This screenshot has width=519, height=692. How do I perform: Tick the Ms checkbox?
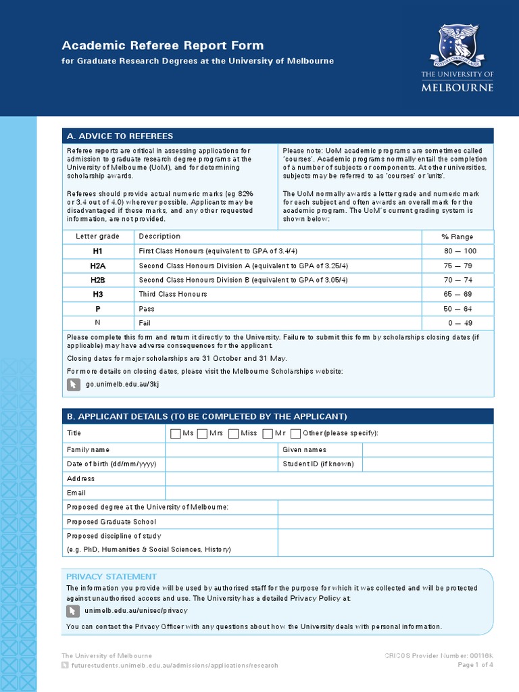pos(176,433)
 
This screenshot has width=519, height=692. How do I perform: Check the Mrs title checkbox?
pos(202,433)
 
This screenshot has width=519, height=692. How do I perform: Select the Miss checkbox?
pos(234,433)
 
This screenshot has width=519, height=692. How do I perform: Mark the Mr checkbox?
pos(268,433)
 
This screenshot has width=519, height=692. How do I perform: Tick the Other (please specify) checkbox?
pos(295,433)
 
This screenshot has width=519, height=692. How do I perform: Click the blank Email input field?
pos(329,493)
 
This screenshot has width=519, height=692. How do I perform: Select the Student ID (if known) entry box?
pos(428,464)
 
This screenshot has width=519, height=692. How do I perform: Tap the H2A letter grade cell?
pos(98,266)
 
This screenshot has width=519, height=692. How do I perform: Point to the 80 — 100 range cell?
pos(460,251)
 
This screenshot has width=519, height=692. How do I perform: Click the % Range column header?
pos(458,237)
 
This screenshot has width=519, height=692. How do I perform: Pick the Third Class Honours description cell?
pos(173,295)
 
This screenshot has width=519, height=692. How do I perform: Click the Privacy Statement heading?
pos(111,576)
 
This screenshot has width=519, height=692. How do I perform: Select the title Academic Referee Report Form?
pos(163,45)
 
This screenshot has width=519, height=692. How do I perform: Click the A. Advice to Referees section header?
pos(120,136)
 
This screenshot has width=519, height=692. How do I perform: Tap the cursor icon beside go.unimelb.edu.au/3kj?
pos(74,385)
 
